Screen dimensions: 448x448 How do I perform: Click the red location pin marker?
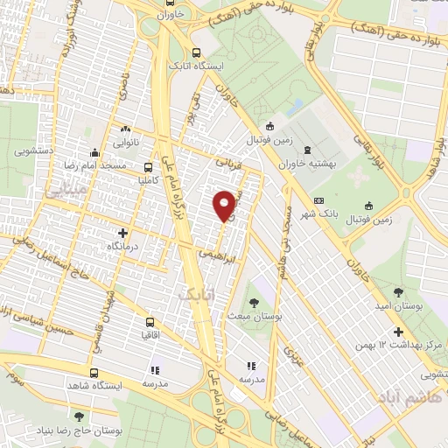click(226, 205)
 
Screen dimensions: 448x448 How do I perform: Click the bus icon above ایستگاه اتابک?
click(196, 52)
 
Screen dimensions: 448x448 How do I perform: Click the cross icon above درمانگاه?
click(123, 234)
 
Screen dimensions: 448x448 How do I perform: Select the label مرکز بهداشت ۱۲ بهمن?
click(395, 345)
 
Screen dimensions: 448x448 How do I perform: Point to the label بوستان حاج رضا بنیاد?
click(80, 430)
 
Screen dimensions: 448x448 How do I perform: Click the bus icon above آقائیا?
click(150, 321)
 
